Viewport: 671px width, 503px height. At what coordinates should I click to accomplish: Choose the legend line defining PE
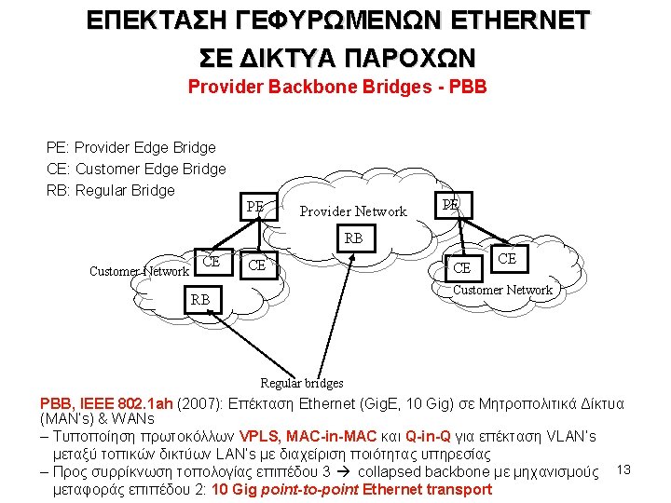(x=130, y=147)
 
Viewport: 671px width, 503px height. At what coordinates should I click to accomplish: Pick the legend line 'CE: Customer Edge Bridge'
(x=136, y=169)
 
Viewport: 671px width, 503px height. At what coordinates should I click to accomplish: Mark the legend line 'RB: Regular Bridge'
(x=110, y=190)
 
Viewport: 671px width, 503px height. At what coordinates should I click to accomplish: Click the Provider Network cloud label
(x=353, y=211)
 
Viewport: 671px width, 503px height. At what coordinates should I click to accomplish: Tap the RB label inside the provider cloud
(x=354, y=238)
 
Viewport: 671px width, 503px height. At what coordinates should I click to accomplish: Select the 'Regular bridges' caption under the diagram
(x=301, y=383)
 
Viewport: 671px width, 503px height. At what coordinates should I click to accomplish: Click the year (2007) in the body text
(x=198, y=403)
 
